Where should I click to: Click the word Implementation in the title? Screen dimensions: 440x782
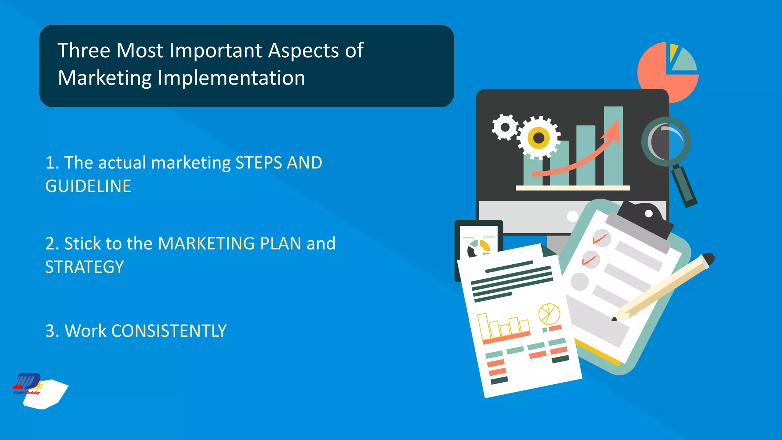(x=231, y=78)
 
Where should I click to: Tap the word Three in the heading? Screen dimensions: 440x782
(x=84, y=50)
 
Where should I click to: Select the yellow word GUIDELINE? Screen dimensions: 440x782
(x=88, y=186)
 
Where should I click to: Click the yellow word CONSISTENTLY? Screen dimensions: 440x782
(x=169, y=331)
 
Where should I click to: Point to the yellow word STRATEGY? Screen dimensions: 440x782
(x=84, y=267)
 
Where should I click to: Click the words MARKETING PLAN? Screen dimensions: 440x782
(x=229, y=244)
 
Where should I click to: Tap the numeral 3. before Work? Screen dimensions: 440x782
(x=52, y=331)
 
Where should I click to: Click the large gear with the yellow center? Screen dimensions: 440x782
(x=538, y=137)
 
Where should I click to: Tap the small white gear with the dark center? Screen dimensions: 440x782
(x=505, y=127)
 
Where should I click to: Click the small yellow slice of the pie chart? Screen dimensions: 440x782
(x=673, y=52)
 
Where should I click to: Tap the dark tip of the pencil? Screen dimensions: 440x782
(x=614, y=319)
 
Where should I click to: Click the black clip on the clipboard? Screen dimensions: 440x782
(x=645, y=218)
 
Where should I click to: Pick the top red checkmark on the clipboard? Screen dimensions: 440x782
(x=600, y=239)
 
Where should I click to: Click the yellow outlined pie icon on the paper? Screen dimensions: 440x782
(x=549, y=314)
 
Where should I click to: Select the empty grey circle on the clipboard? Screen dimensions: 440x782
(x=579, y=282)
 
